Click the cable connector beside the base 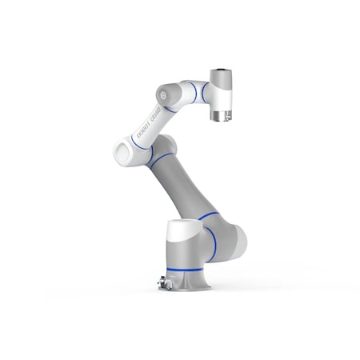coord(163,281)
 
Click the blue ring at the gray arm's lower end coord(207,215)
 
